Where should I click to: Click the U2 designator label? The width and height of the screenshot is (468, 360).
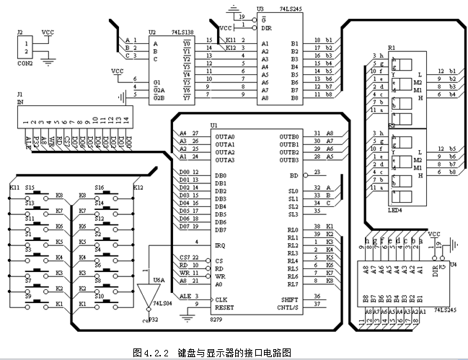[x=151, y=32]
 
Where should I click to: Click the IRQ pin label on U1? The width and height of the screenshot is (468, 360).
[x=221, y=245]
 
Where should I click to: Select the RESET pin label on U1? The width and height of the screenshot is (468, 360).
[x=224, y=307]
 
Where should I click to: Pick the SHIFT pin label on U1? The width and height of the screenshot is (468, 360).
[x=289, y=299]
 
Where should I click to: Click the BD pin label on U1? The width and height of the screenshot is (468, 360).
[x=293, y=175]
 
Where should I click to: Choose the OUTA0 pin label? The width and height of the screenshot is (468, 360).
[x=225, y=136]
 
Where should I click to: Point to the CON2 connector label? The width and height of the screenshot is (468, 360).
[x=26, y=63]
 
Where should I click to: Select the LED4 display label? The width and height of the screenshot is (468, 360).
[x=394, y=211]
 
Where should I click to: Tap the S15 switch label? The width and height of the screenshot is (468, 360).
[x=30, y=188]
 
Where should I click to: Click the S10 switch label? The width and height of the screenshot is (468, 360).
[x=100, y=296]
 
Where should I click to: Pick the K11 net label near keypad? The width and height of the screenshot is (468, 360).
[x=14, y=188]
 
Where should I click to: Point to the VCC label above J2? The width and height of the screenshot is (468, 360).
[x=48, y=32]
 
